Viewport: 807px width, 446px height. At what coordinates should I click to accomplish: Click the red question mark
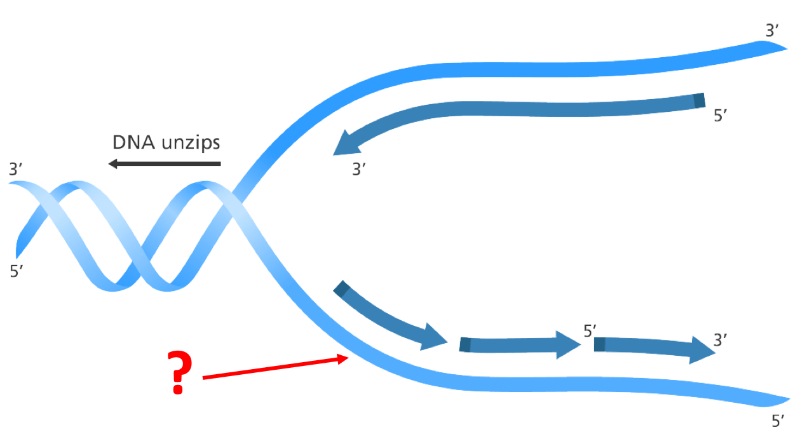180,372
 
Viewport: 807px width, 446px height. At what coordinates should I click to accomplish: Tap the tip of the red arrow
348,358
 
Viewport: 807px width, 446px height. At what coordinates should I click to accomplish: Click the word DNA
133,142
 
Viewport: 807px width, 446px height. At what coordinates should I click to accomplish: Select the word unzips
191,144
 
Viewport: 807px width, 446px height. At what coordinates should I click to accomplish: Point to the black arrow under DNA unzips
165,164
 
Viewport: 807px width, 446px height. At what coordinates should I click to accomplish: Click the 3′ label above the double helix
15,170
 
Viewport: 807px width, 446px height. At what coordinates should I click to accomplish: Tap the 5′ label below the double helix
17,271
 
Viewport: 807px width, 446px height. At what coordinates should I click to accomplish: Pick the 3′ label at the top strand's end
772,30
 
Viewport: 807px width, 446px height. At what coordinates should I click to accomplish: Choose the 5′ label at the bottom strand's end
778,421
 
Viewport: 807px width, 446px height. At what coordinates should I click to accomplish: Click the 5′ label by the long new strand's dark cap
720,116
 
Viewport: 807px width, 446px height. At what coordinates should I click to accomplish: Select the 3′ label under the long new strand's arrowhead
359,170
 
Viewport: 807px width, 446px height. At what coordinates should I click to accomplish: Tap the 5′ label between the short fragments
590,331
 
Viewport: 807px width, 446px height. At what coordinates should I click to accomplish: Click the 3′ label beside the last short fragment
720,340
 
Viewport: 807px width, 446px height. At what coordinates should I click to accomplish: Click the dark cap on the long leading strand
699,100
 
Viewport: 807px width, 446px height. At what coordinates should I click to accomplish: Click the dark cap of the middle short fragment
465,345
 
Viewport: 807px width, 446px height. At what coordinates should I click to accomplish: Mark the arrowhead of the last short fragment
702,350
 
